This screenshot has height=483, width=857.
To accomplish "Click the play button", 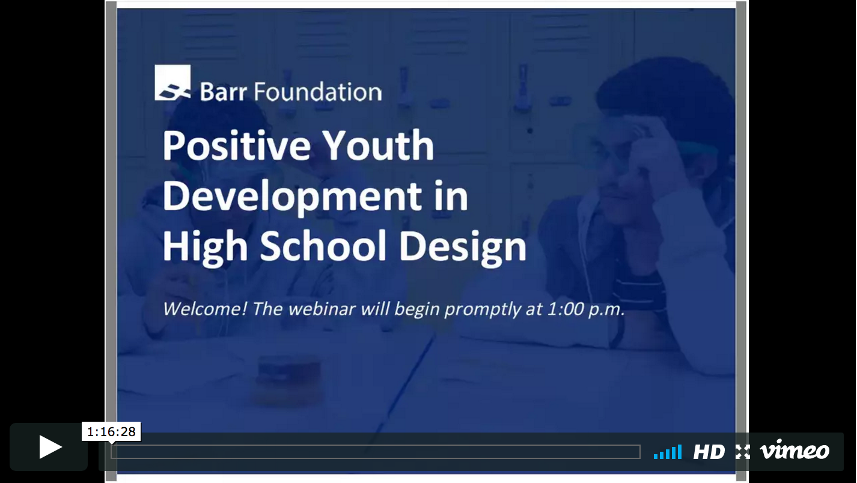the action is tap(49, 447).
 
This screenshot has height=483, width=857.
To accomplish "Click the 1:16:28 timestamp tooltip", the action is tap(111, 432).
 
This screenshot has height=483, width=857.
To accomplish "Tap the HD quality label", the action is tap(709, 452).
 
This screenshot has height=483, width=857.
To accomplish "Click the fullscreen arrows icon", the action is tap(743, 452).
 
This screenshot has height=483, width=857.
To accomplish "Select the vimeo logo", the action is tap(794, 450).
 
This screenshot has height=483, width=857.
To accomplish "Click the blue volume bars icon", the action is tap(668, 452).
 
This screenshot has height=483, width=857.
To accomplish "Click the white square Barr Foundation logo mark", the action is tap(172, 83).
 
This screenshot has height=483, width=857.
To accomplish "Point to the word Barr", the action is tap(224, 92).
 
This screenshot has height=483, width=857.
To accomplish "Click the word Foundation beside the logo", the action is tap(317, 92).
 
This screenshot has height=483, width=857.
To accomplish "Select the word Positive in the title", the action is tap(236, 145).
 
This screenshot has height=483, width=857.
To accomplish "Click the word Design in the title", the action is tap(463, 248).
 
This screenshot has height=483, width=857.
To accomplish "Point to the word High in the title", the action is tap(205, 248).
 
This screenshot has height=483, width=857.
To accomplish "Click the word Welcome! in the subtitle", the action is tap(206, 309).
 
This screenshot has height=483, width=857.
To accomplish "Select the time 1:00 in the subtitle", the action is tap(566, 309).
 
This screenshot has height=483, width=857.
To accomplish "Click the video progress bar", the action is tap(376, 452).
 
